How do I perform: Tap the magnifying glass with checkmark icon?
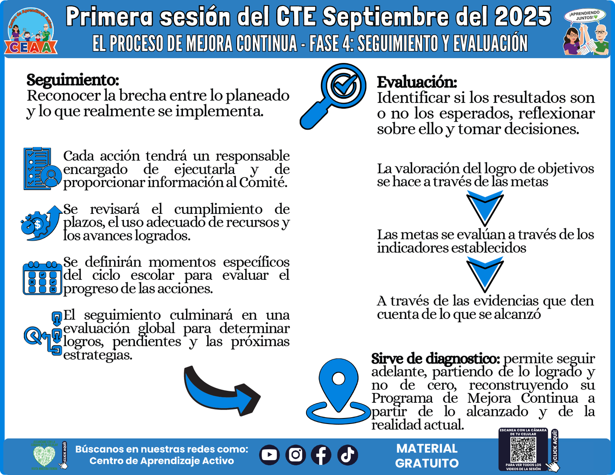(x=334, y=95)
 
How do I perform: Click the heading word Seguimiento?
(x=73, y=80)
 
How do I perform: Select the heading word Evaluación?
(x=417, y=82)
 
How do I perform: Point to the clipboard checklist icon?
(x=42, y=169)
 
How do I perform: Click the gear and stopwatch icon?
(x=41, y=223)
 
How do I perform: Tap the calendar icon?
(x=42, y=278)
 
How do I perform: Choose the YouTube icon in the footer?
(x=269, y=455)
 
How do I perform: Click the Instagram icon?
(x=295, y=455)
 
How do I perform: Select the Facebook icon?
(x=321, y=455)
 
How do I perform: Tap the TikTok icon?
(x=348, y=455)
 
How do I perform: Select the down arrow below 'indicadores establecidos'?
(x=485, y=274)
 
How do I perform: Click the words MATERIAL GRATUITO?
(x=426, y=456)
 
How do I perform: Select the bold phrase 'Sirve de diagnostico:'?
(x=435, y=359)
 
